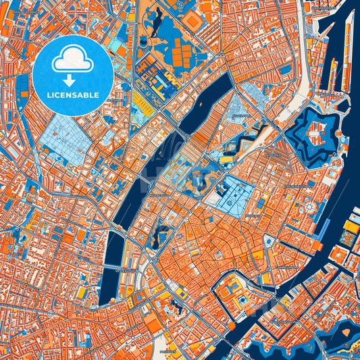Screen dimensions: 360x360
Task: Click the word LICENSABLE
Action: (73, 94)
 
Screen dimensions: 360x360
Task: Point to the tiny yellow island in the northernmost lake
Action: (143, 42)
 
